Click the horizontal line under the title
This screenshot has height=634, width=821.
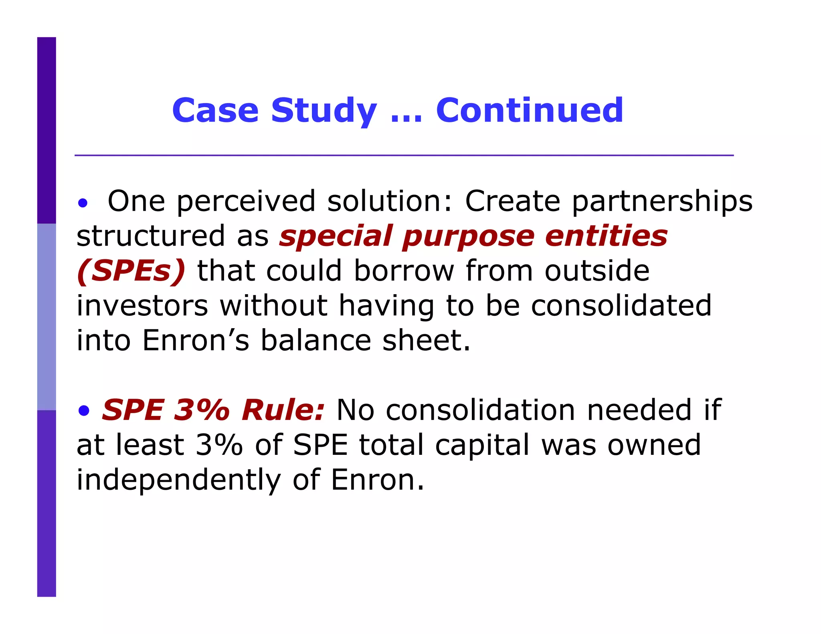click(404, 155)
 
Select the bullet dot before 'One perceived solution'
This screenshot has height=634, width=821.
click(83, 203)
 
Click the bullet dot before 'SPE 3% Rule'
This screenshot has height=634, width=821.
click(84, 411)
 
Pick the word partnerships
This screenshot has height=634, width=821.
click(662, 201)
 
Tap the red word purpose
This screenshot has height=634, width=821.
click(468, 236)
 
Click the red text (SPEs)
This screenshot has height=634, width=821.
click(131, 271)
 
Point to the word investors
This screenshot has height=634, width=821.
click(142, 306)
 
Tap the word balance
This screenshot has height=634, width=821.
click(316, 341)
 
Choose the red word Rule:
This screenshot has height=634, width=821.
click(283, 410)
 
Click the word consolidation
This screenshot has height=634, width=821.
click(480, 410)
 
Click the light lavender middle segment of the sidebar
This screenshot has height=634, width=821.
click(47, 317)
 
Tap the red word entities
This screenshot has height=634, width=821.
click(606, 236)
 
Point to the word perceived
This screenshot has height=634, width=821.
click(246, 201)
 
